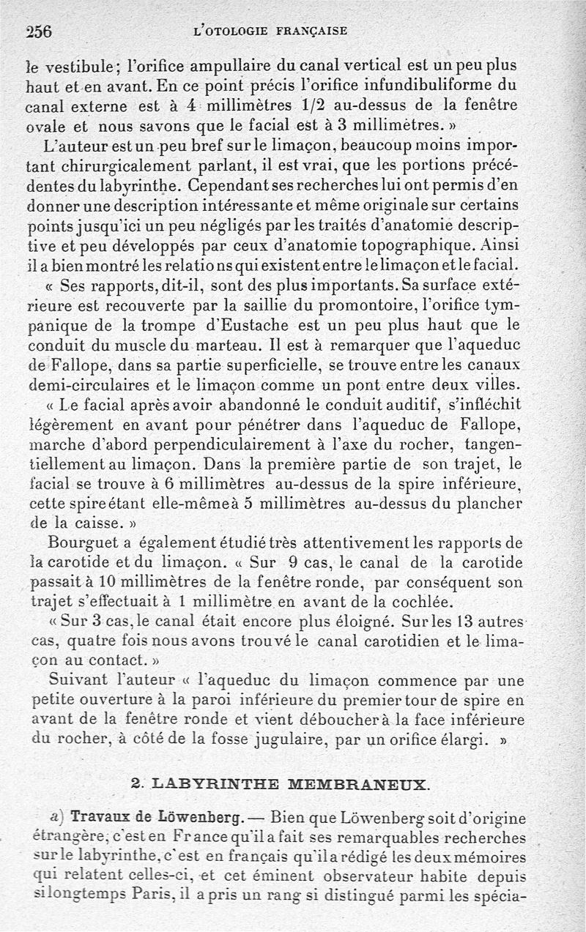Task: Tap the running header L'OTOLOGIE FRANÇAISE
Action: click(x=268, y=31)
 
